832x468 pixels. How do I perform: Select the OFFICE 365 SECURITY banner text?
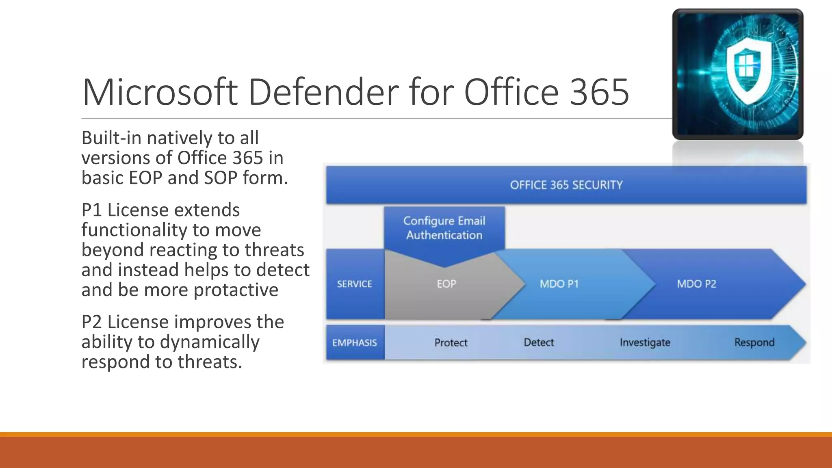566,185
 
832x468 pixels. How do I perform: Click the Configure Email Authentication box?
444,228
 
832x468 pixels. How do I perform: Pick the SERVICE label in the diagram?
354,284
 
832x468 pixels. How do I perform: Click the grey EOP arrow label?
446,284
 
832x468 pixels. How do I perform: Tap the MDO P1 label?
559,284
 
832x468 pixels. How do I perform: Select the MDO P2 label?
696,284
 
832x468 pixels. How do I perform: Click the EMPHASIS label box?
355,342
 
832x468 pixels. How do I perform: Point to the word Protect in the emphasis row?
451,342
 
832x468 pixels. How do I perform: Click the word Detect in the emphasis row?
539,342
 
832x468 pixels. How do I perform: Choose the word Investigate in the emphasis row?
645,342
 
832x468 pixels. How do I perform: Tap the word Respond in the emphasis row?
754,342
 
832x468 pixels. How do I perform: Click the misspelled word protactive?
236,290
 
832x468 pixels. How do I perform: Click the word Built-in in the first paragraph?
111,138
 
